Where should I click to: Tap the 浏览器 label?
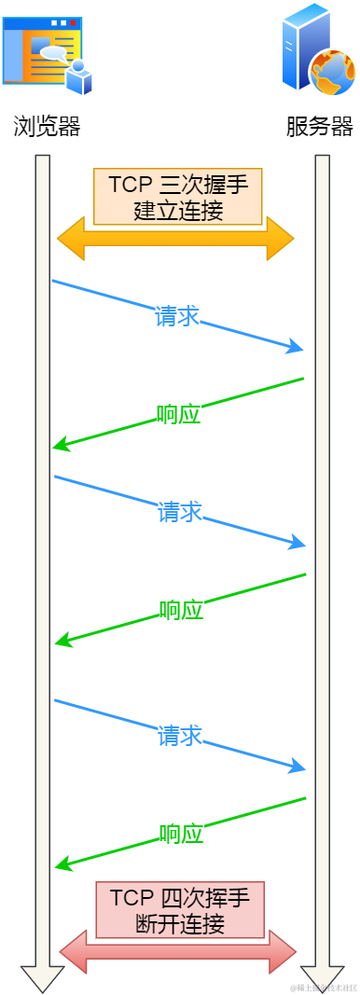point(47,127)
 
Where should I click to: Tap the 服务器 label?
point(320,127)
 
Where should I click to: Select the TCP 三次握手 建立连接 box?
point(178,196)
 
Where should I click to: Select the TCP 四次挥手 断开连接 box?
point(180,910)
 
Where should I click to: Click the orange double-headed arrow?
point(175,239)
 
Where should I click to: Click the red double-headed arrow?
point(178,951)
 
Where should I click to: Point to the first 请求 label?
point(177,316)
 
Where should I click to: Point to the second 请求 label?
point(179,512)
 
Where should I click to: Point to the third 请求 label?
point(179,736)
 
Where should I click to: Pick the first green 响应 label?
point(179,414)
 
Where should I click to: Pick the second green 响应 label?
point(180,611)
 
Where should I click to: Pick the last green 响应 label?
point(180,834)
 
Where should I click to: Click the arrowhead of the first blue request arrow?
point(297,349)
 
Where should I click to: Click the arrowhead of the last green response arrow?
point(62,866)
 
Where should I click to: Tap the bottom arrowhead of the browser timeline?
point(42,979)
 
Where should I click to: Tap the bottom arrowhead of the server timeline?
point(322,979)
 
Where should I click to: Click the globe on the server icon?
point(331,72)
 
